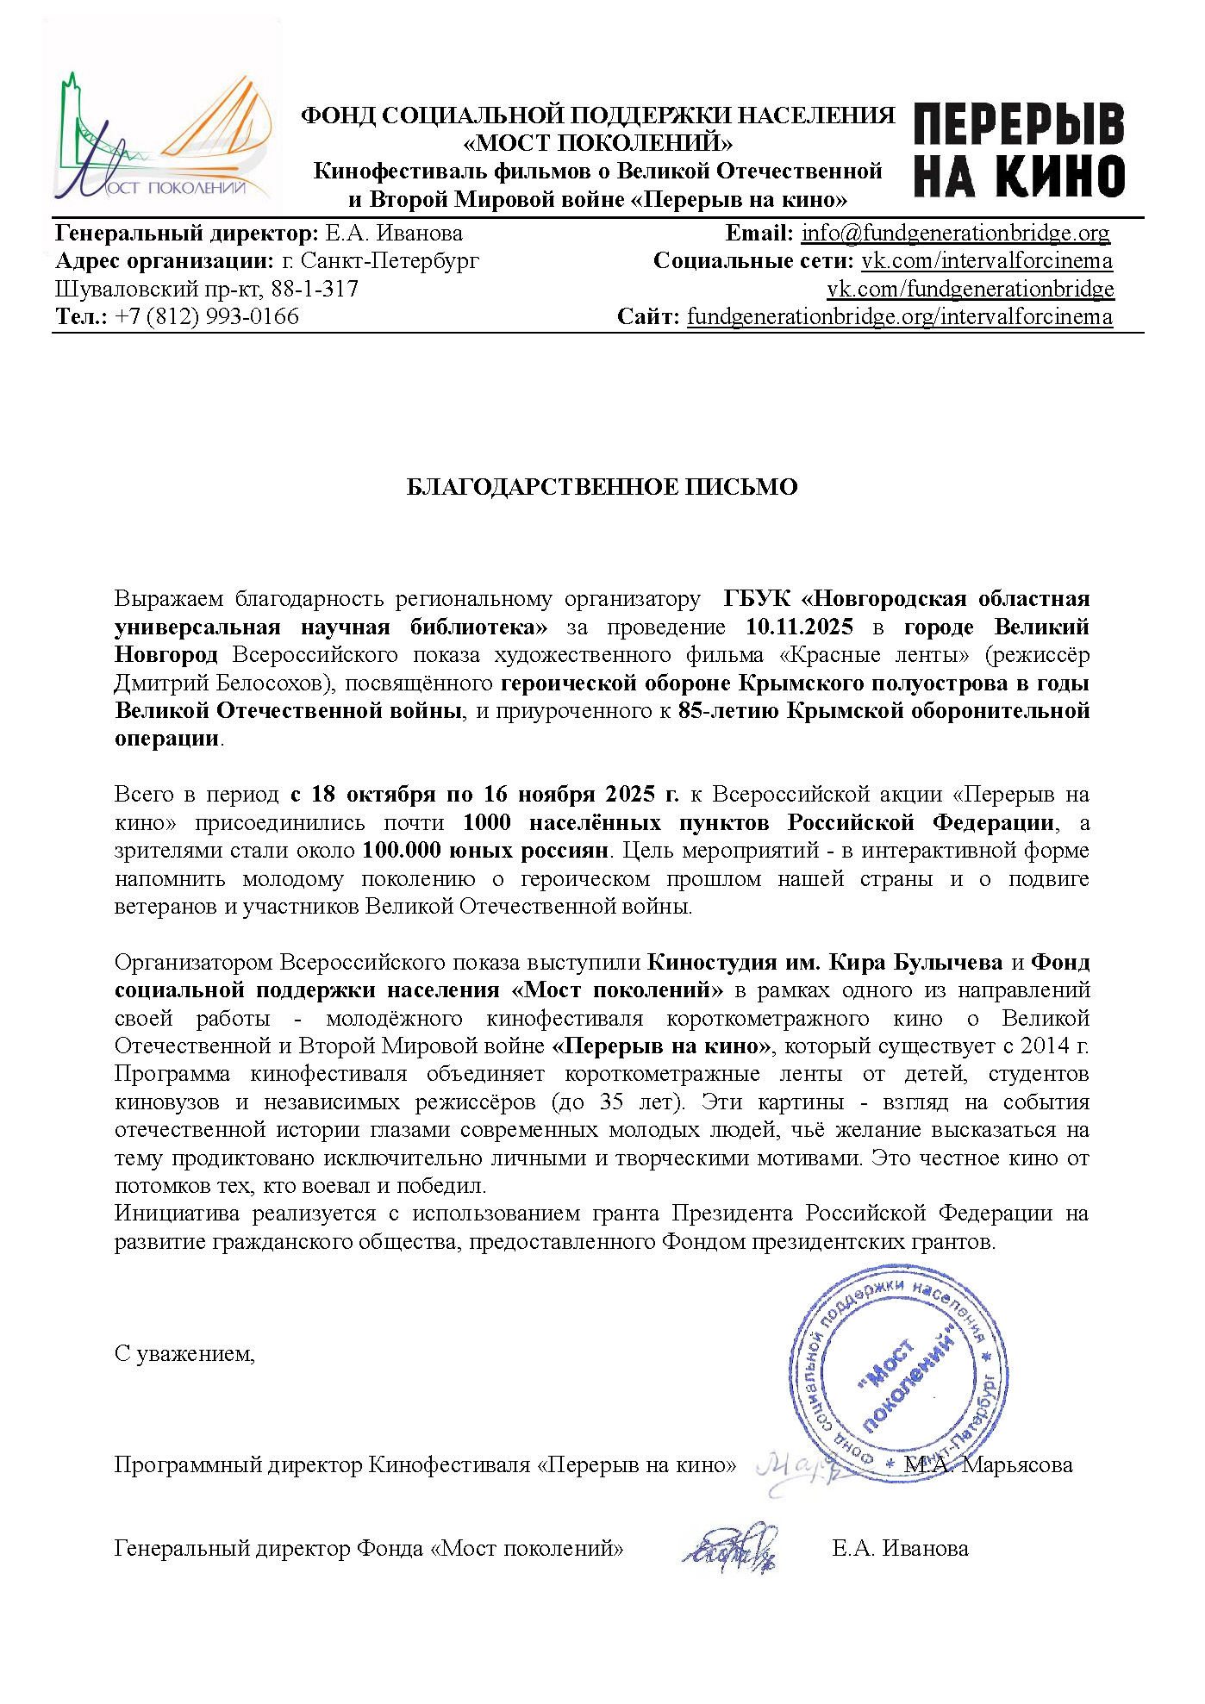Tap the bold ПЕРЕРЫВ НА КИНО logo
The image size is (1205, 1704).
(x=1019, y=151)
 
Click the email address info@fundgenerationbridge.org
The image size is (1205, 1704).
(x=955, y=233)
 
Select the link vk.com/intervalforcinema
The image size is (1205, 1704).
(x=987, y=261)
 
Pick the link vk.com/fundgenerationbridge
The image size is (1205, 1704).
(x=971, y=289)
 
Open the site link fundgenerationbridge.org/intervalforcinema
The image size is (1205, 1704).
(x=899, y=317)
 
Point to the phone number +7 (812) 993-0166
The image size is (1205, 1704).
(x=207, y=317)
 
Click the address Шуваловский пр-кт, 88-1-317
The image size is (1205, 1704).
(x=207, y=289)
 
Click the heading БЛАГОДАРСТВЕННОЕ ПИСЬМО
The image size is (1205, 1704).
(x=602, y=487)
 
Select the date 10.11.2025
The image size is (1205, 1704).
(x=799, y=627)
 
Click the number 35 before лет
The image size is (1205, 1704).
(x=611, y=1102)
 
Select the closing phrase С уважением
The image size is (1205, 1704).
(x=184, y=1354)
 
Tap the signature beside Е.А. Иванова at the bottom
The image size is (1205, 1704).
(x=731, y=1548)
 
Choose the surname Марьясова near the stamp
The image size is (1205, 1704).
(x=1017, y=1464)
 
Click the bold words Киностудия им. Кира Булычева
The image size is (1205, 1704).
(x=825, y=963)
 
